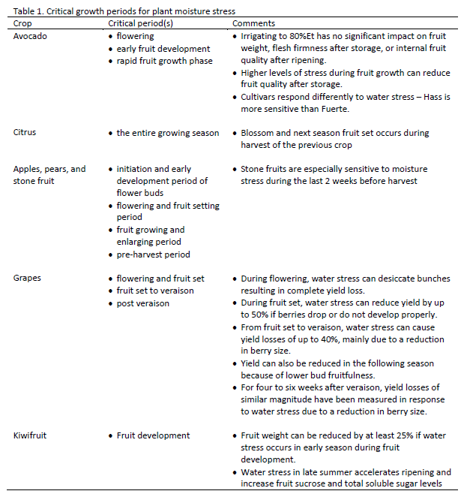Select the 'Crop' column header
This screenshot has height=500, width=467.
23,23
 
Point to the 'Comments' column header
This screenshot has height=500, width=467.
254,23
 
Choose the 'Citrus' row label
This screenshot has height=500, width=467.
25,133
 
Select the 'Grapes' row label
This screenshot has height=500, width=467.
28,278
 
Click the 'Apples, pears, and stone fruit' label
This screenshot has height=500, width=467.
49,175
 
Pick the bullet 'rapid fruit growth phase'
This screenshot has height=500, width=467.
164,61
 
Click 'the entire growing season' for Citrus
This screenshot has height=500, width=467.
168,133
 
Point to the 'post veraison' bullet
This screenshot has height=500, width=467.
144,303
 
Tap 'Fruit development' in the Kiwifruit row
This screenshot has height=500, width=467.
153,435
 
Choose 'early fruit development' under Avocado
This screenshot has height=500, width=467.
163,49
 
